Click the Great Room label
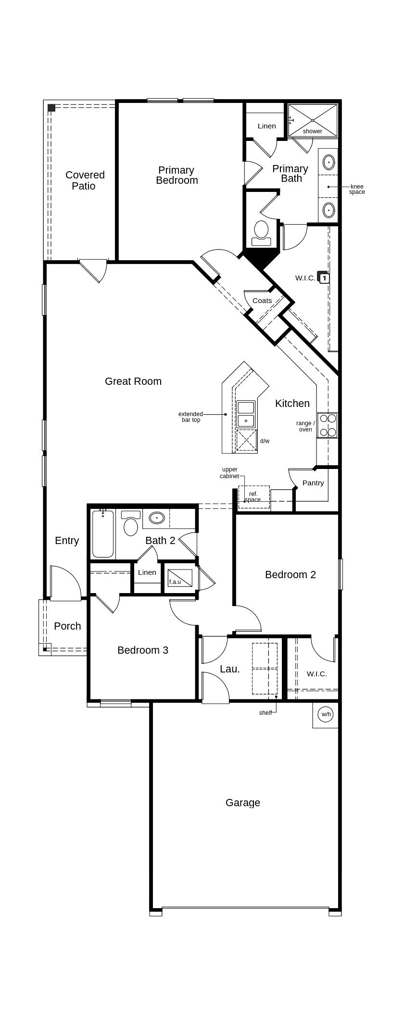pos(133,381)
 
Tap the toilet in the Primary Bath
pos(262,234)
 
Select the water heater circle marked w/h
pos(326,714)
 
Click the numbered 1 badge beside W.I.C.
pos(325,278)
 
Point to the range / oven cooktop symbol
pos(328,425)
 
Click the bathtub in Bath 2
pos(103,533)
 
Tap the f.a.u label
pos(175,582)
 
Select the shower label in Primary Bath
pos(313,131)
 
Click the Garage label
pos(243,803)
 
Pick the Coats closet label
pos(262,301)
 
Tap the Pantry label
pos(313,483)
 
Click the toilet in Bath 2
pos(131,523)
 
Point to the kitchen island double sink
pos(246,414)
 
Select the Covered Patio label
pos(85,180)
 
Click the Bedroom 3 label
pos(143,650)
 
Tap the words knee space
pos(357,190)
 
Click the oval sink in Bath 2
pos(157,518)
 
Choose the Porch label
pos(67,626)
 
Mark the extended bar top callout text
pos(190,417)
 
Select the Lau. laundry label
pos(230,669)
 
